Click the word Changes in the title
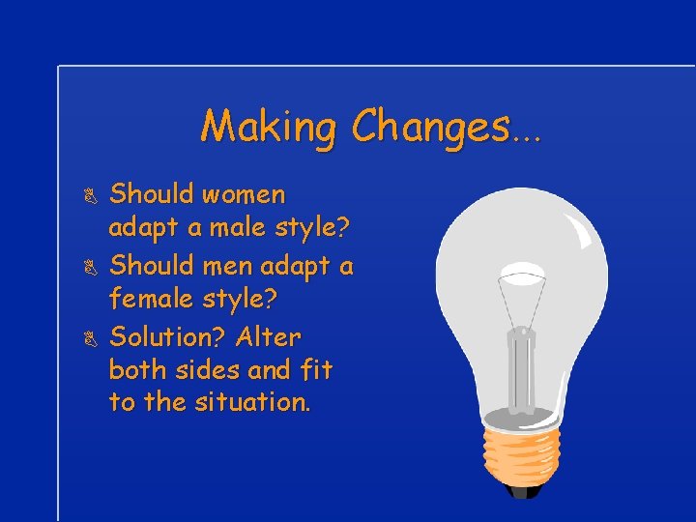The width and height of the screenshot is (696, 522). pyautogui.click(x=430, y=127)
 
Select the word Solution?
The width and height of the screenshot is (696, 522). pyautogui.click(x=167, y=337)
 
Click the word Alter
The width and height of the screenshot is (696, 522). pyautogui.click(x=269, y=337)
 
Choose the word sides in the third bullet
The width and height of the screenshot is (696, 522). pyautogui.click(x=206, y=369)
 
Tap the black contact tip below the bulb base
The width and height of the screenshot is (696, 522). pyautogui.click(x=525, y=491)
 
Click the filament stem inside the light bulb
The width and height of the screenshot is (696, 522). pyautogui.click(x=522, y=358)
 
